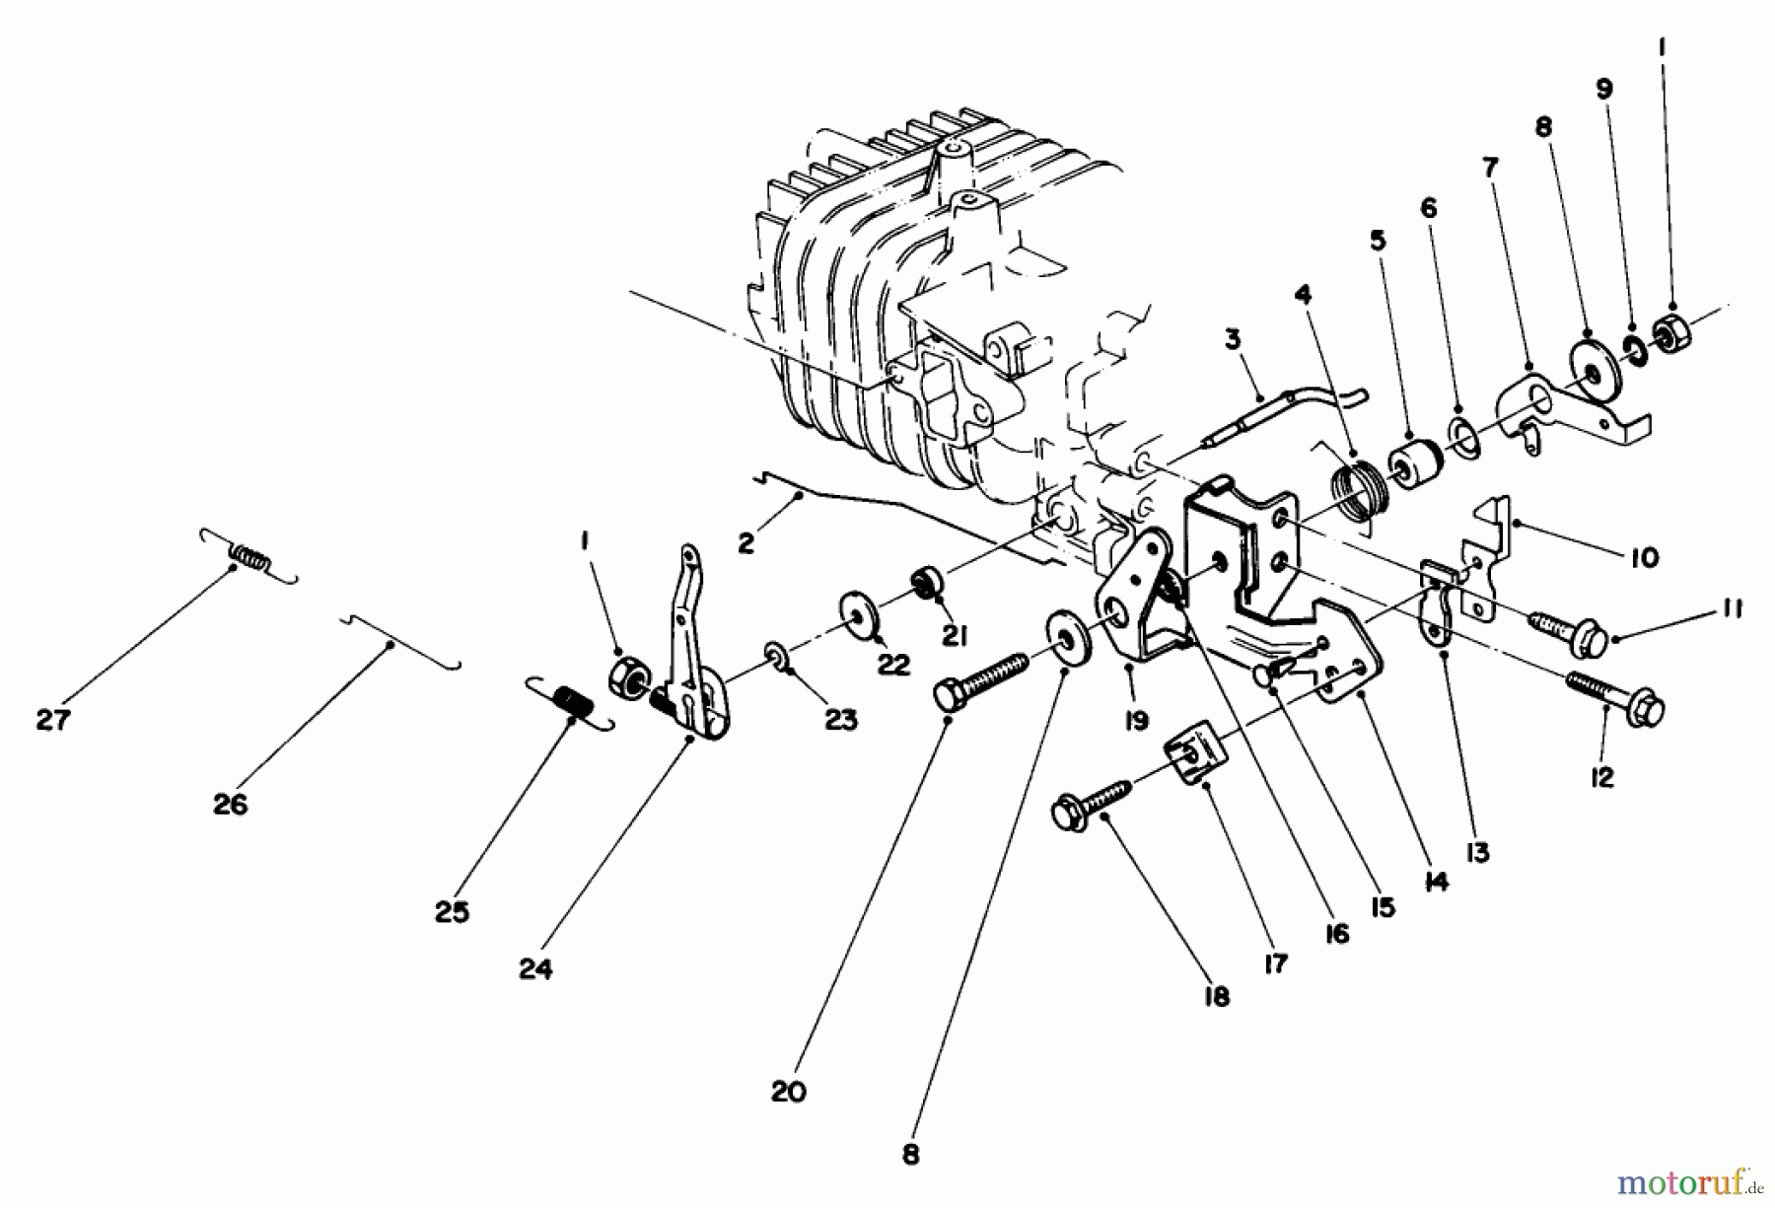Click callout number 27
pyautogui.click(x=53, y=721)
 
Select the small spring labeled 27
pyautogui.click(x=248, y=557)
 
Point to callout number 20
pyautogui.click(x=789, y=1093)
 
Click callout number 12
pyautogui.click(x=1601, y=777)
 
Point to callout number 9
pyautogui.click(x=1604, y=89)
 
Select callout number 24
pyautogui.click(x=535, y=970)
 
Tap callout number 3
pyautogui.click(x=1233, y=340)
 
